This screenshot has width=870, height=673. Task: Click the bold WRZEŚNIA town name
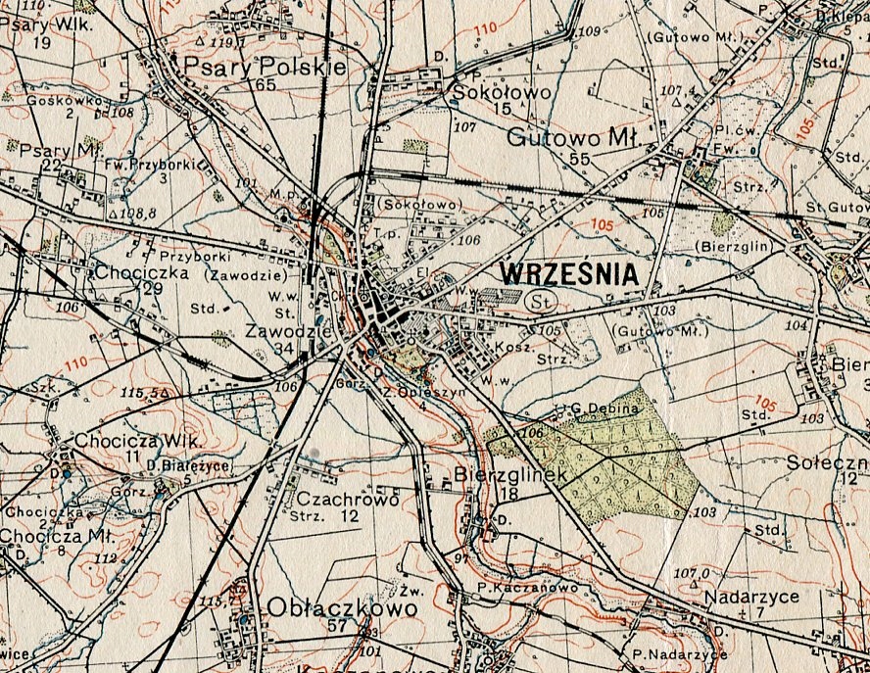click(568, 274)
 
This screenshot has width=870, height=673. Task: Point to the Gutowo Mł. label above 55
click(573, 138)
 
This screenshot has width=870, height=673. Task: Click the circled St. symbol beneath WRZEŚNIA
click(537, 302)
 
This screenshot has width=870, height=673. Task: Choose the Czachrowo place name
click(347, 499)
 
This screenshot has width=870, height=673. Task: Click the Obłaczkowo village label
click(342, 607)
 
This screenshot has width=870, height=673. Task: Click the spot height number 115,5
click(138, 392)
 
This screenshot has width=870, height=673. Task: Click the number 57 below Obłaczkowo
click(339, 626)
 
